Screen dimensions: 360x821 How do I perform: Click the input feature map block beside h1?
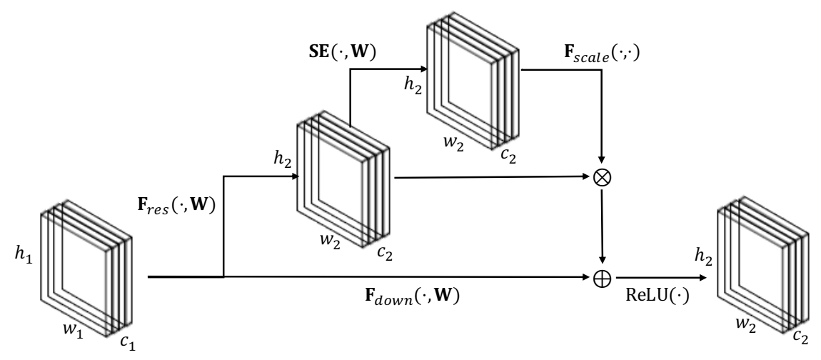(86, 268)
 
